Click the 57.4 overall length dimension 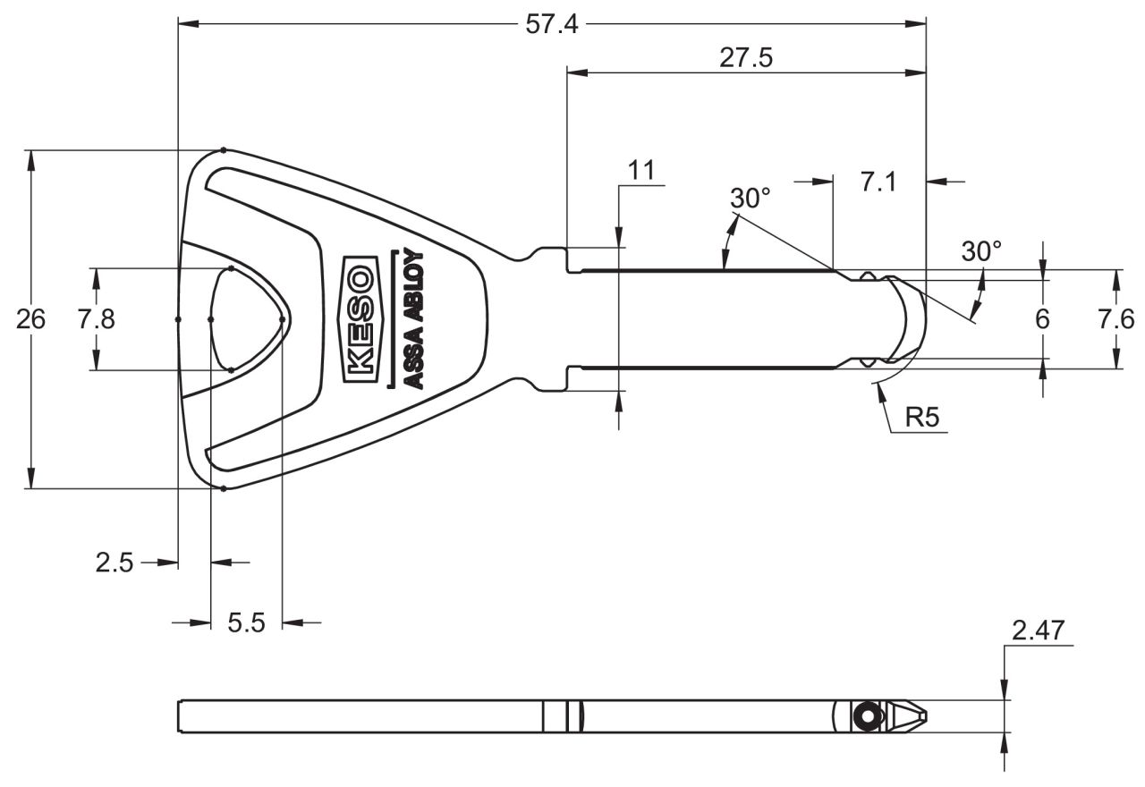tap(552, 24)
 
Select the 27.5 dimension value tap(746, 58)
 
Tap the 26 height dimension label tap(30, 319)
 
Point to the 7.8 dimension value tap(96, 319)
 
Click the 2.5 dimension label tap(114, 563)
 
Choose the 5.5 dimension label tap(246, 623)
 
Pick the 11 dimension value tap(641, 170)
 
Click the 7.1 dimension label tap(878, 182)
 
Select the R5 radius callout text tap(922, 417)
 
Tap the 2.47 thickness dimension tap(1039, 630)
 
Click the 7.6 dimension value tap(1115, 319)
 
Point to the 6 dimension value tap(1042, 319)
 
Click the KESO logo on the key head tap(360, 319)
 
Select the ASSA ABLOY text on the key tap(413, 319)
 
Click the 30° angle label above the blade tap(751, 199)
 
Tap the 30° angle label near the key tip tap(981, 251)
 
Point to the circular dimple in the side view tap(868, 716)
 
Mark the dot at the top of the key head tap(224, 150)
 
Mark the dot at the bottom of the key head tap(224, 488)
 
